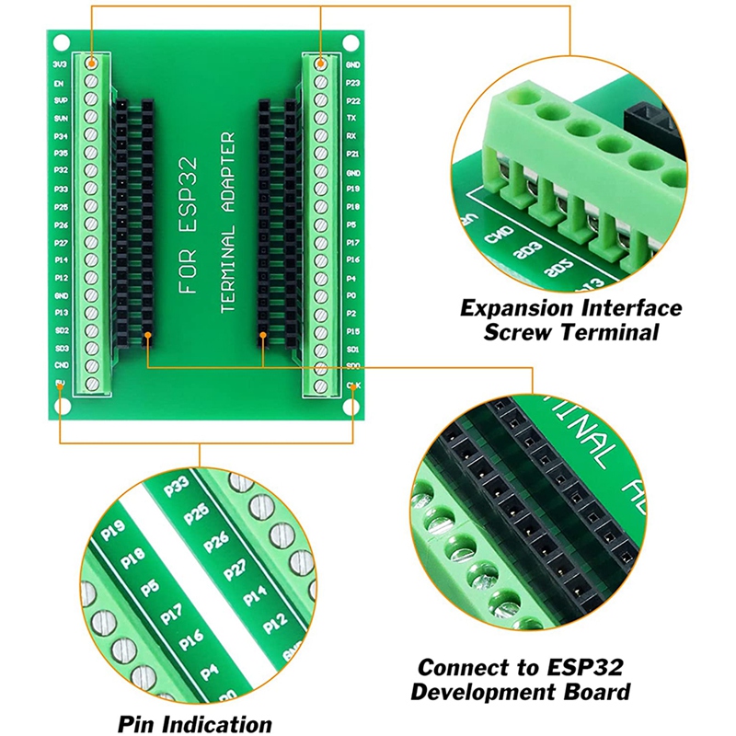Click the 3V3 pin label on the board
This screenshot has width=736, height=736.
coord(60,64)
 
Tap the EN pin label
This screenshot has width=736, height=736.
coord(60,83)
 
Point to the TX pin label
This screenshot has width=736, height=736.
coord(351,118)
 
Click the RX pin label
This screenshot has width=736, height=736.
coord(351,135)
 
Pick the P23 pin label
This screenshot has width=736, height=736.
coord(351,83)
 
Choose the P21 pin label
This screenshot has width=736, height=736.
coord(351,154)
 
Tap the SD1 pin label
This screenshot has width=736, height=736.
coord(351,349)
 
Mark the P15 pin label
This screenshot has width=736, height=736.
coord(351,330)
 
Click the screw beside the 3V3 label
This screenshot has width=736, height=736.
coord(92,63)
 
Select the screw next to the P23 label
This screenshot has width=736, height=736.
coord(320,82)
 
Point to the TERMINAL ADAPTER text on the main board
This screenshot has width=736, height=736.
coord(228,225)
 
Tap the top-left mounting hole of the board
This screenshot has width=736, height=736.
coord(60,41)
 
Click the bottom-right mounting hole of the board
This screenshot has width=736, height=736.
coord(351,408)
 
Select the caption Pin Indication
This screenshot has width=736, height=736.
coord(194,724)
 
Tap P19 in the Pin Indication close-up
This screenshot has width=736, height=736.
coord(113,532)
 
